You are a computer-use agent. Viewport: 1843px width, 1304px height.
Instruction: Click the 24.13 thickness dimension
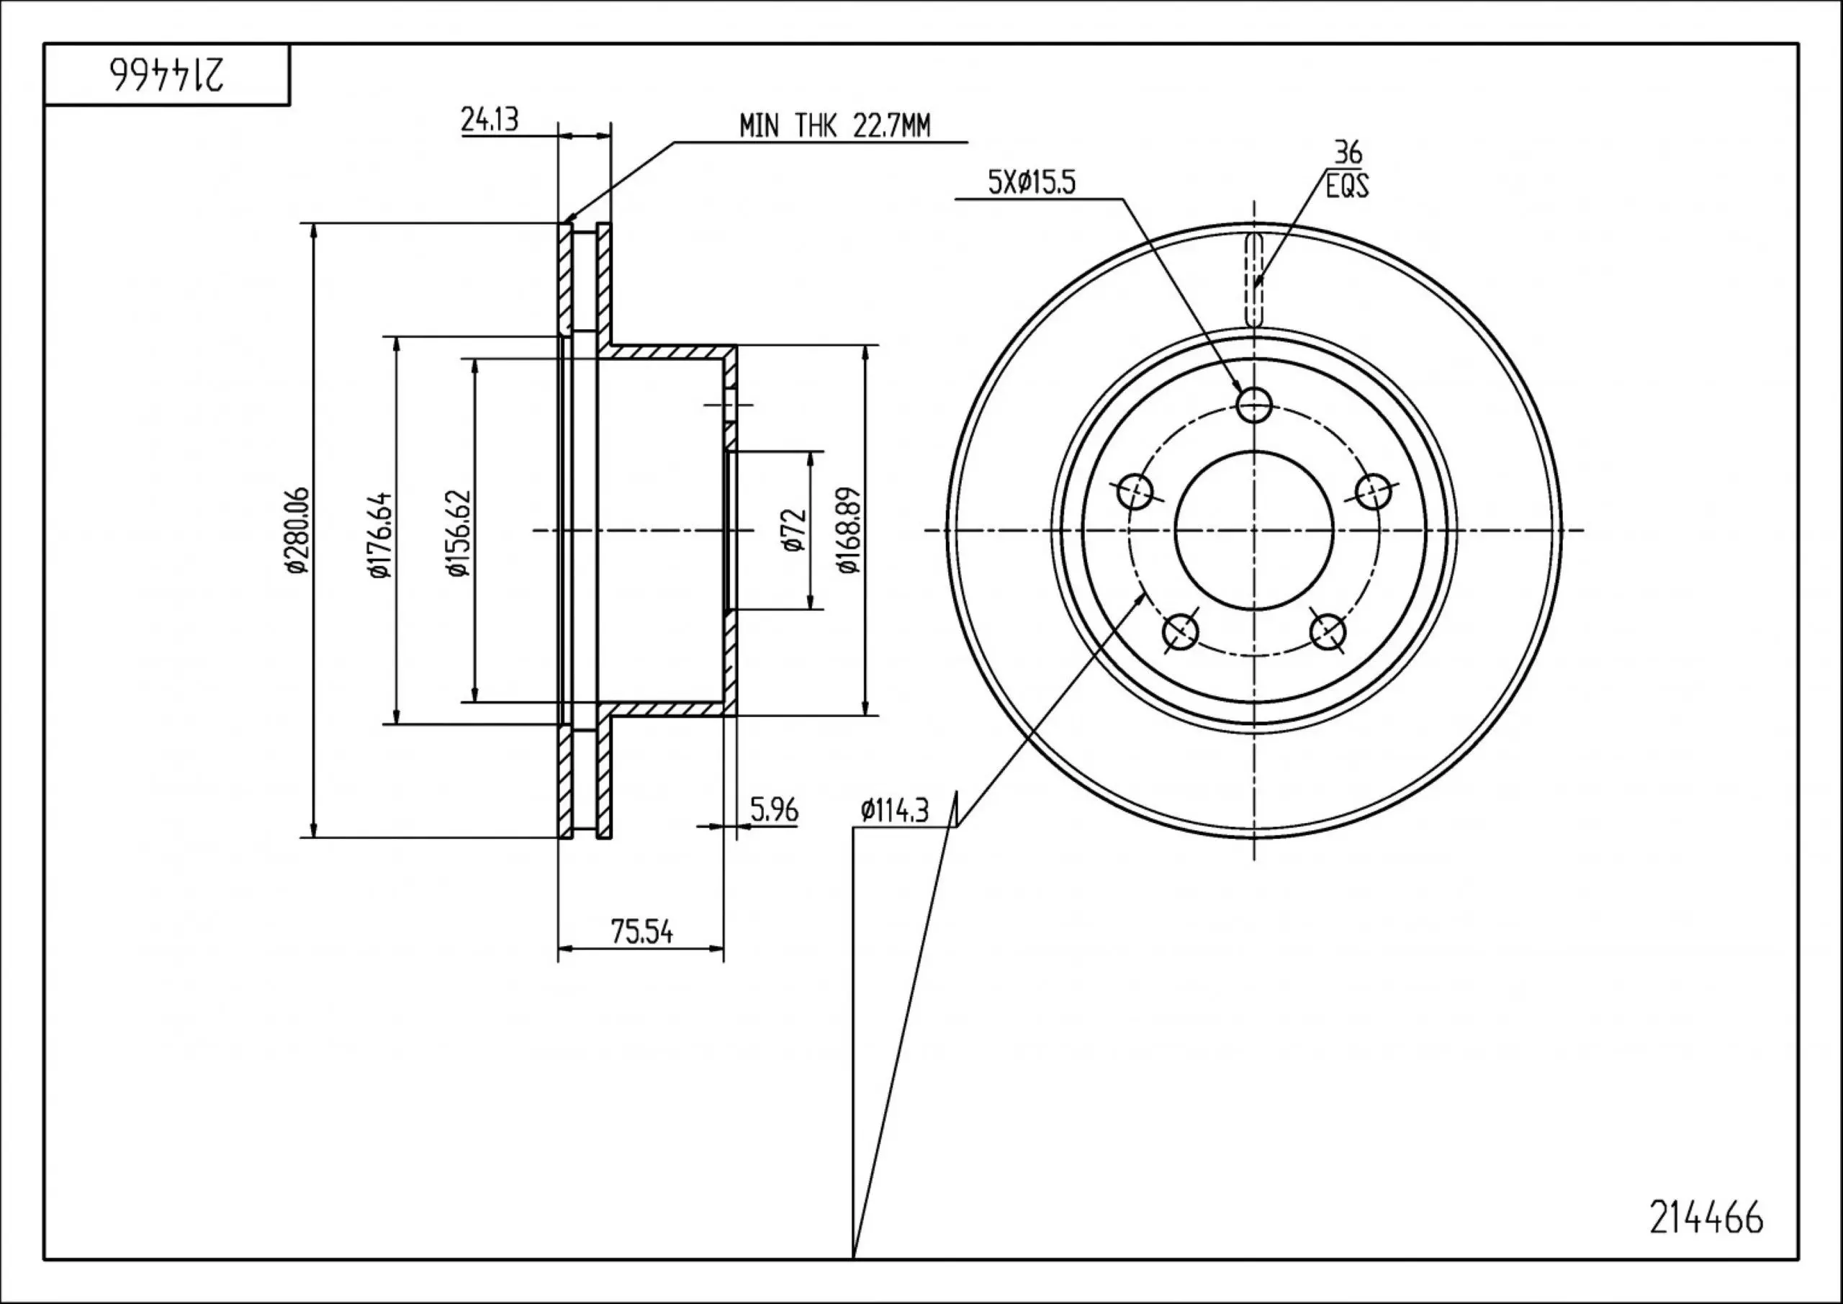(490, 120)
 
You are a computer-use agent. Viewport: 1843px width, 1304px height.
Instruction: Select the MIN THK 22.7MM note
(835, 126)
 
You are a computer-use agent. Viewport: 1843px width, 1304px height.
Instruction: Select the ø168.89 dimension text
(849, 530)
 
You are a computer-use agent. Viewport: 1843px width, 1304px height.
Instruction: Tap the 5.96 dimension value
(774, 810)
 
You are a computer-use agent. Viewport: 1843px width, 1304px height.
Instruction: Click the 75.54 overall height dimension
(641, 932)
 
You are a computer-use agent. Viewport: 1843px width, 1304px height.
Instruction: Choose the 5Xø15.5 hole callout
(1032, 184)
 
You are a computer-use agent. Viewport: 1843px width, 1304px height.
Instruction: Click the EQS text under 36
(1347, 188)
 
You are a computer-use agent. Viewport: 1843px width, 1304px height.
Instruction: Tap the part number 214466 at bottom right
(1706, 1218)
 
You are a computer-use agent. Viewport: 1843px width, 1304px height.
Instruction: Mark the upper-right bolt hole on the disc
(1373, 490)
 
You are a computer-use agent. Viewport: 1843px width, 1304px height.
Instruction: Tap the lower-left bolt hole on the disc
(1180, 631)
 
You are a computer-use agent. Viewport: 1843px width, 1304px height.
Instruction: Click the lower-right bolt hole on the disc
(1327, 631)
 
